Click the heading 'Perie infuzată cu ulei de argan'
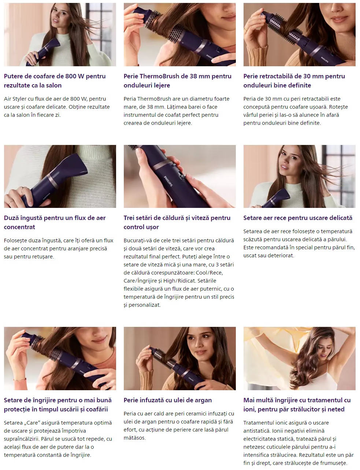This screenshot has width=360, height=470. pos(168,400)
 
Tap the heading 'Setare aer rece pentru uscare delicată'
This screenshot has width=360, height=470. pos(298,218)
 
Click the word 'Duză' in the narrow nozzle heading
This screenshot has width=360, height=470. pos(11,218)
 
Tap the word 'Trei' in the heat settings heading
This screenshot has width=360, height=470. pos(130,218)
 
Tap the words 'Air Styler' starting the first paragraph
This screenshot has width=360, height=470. pos(15,99)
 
